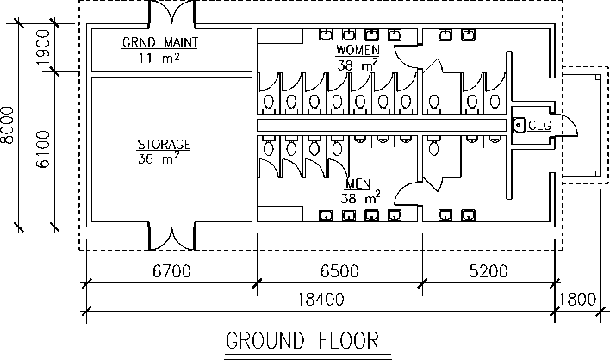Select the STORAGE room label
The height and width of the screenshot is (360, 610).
(164, 143)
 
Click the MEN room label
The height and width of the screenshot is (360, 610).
(358, 184)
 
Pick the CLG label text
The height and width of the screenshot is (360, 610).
(539, 126)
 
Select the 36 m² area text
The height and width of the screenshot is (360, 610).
(159, 158)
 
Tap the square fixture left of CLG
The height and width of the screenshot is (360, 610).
(519, 126)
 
